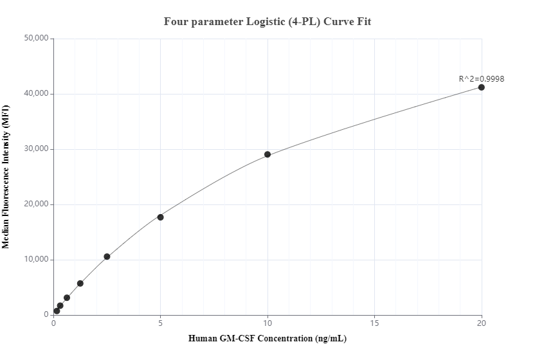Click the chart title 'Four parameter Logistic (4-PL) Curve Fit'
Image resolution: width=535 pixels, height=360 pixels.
click(267, 21)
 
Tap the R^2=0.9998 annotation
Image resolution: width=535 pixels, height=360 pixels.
click(481, 79)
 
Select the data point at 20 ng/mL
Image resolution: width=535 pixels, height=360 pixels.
click(481, 87)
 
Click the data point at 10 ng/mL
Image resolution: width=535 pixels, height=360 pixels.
click(267, 154)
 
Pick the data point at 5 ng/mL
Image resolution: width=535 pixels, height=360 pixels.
click(160, 217)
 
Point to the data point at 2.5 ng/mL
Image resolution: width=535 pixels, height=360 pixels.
click(107, 256)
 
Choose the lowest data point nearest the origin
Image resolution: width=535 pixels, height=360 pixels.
click(57, 311)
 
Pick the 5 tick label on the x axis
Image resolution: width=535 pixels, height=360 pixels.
click(160, 323)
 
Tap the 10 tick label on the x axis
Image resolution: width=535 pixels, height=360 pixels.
click(267, 323)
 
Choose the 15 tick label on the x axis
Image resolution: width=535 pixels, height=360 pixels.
click(374, 323)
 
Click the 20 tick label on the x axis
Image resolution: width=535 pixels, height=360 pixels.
click(481, 323)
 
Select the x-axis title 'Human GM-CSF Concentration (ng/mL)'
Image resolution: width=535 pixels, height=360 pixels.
click(267, 339)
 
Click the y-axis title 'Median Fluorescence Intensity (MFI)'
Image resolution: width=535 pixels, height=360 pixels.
click(7, 177)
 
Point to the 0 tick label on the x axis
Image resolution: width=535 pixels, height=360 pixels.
click(53, 323)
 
